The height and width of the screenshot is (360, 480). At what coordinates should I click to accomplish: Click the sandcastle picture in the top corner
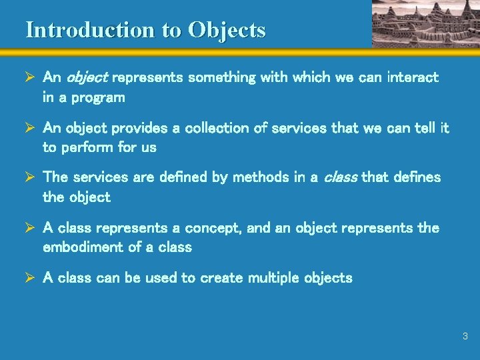click(425, 23)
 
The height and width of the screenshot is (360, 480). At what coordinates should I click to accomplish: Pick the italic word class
click(340, 177)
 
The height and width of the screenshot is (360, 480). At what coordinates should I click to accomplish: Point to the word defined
click(169, 177)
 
